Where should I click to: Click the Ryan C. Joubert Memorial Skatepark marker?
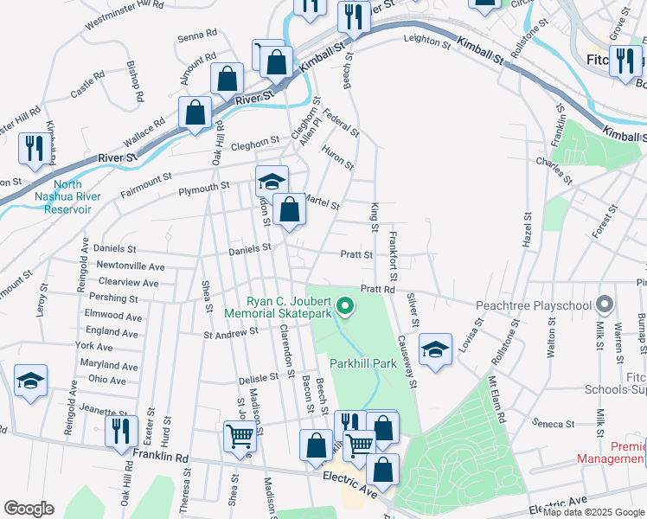[344, 305]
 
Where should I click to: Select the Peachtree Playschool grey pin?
[604, 304]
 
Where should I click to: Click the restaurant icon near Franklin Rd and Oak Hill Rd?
[121, 431]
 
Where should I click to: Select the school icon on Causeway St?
[435, 349]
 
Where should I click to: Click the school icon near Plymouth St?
[272, 182]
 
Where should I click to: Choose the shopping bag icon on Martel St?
[289, 209]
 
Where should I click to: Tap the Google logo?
[29, 508]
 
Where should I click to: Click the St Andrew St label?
[231, 330]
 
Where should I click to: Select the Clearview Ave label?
[129, 282]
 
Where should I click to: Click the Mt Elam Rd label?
[496, 399]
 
